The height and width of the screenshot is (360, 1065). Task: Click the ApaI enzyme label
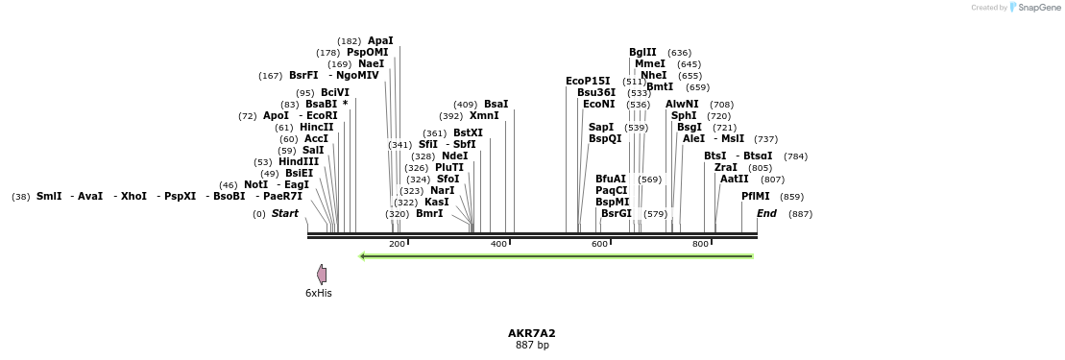tap(380, 40)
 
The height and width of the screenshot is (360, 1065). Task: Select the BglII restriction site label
tap(642, 52)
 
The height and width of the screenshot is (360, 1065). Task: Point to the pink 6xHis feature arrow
tap(322, 275)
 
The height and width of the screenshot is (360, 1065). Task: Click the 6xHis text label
tap(319, 293)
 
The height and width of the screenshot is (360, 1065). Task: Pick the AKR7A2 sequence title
tap(531, 333)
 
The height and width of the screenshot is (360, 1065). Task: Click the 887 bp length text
tap(531, 345)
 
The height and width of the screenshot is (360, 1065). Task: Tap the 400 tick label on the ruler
tap(498, 245)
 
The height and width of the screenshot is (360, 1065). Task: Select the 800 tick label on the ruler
tap(700, 245)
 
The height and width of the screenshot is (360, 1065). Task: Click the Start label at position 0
tap(284, 213)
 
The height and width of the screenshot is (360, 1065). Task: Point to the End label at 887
tap(766, 213)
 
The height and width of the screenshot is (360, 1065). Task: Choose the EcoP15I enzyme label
tap(588, 81)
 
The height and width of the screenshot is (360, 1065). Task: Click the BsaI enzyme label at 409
tap(496, 104)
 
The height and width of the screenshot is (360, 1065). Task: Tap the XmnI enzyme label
tap(484, 115)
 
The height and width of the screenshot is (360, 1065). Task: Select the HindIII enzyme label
tap(299, 161)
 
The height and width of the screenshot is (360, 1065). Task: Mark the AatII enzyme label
tap(734, 179)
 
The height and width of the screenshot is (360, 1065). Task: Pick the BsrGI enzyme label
tap(616, 213)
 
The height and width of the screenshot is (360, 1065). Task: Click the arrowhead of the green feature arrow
tap(363, 256)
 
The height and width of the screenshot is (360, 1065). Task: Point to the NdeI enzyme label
tap(454, 156)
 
